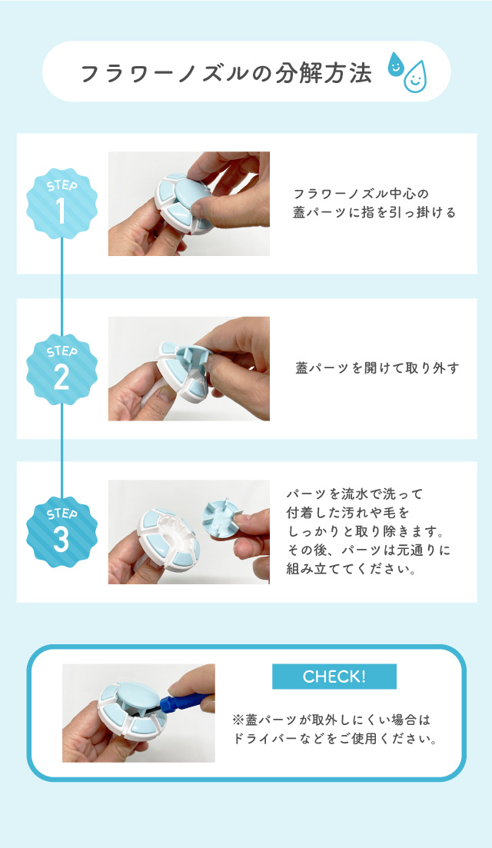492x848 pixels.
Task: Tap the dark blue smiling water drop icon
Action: click(x=396, y=65)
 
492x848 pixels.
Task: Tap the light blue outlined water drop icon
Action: click(x=415, y=77)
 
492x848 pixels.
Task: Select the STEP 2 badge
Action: click(x=62, y=368)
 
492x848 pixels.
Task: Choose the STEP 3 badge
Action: click(x=62, y=531)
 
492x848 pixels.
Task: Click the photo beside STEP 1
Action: click(x=188, y=203)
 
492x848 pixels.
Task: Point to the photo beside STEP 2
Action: click(x=188, y=368)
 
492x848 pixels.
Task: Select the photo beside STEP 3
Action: click(x=188, y=531)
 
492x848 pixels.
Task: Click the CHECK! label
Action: click(x=334, y=677)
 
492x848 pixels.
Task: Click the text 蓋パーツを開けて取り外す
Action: click(x=377, y=368)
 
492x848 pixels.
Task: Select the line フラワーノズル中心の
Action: click(x=354, y=193)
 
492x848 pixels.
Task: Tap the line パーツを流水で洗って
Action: click(x=354, y=493)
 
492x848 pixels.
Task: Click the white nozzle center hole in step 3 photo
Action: click(x=178, y=530)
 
